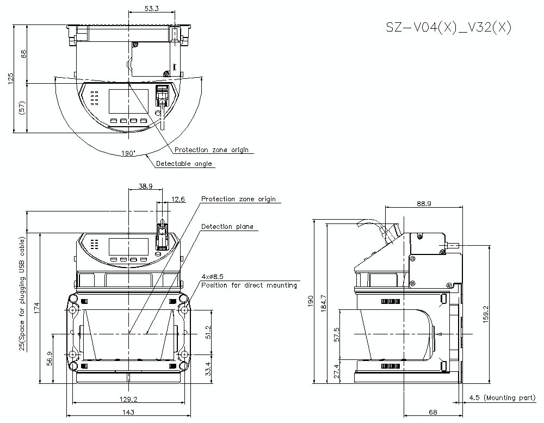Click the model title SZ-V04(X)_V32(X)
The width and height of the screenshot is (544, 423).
(x=448, y=28)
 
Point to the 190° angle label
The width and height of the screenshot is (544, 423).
(x=128, y=153)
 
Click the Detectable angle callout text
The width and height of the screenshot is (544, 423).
(x=184, y=164)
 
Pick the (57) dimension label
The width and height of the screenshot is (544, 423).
(x=23, y=107)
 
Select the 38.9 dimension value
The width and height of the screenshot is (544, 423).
(x=145, y=186)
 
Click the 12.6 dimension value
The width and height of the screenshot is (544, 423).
(x=178, y=200)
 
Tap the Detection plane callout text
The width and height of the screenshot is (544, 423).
(x=227, y=227)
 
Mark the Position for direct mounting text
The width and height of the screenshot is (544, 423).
(x=249, y=285)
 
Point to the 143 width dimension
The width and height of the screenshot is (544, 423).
(x=128, y=412)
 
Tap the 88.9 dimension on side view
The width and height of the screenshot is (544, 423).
(x=424, y=204)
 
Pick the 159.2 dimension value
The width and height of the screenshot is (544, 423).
(x=485, y=313)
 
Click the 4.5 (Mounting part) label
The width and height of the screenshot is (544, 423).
(x=502, y=398)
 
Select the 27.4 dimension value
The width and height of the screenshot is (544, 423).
(x=337, y=372)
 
